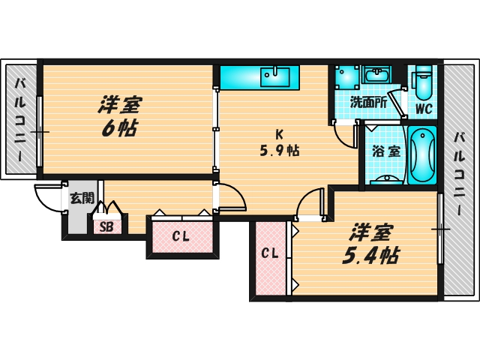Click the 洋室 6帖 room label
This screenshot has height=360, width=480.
119,116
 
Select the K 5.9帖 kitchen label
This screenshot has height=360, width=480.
279,142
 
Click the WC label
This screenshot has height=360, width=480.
424,107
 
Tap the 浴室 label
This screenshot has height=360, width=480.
385,151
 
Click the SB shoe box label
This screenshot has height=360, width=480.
106,225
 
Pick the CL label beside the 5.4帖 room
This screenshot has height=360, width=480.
269,253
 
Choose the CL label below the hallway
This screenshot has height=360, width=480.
181,237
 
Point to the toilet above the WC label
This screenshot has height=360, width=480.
423,82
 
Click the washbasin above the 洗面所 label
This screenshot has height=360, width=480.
376,75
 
